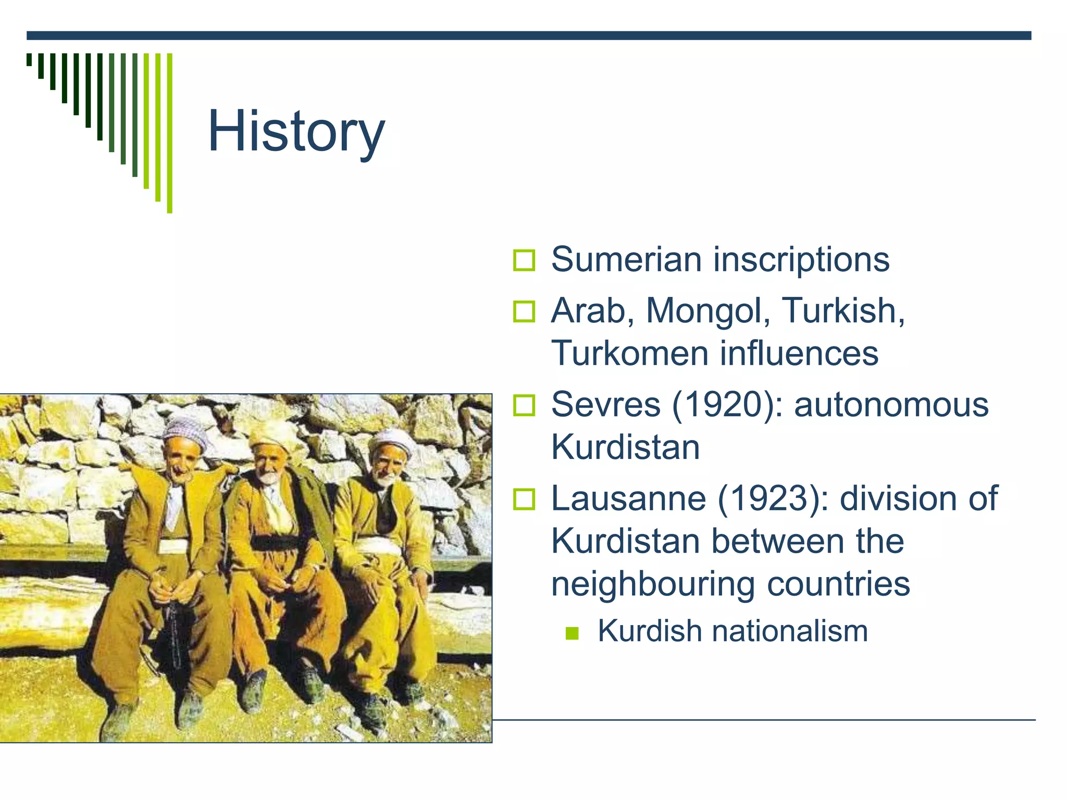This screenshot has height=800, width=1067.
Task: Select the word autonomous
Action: click(891, 404)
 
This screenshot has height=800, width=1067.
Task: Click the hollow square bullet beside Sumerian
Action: click(524, 260)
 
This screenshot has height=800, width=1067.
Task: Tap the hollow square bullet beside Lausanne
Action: click(524, 499)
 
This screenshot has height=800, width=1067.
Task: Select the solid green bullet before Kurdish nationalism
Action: click(572, 633)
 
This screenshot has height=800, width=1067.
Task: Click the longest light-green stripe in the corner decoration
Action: click(169, 133)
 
